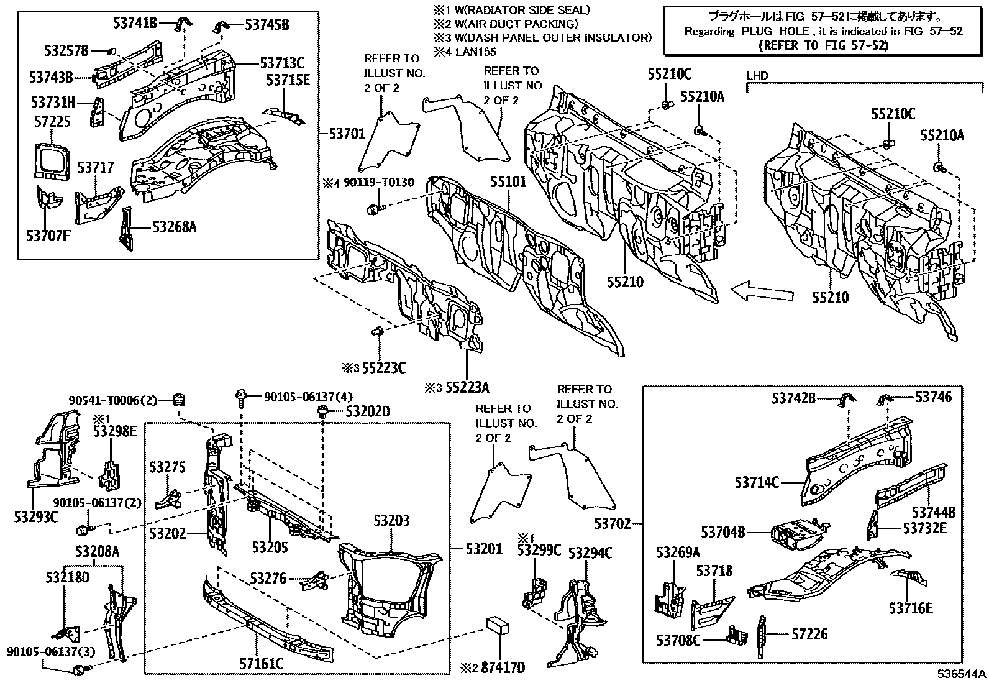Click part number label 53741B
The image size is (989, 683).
pyautogui.click(x=135, y=23)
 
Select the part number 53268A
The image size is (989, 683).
pyautogui.click(x=175, y=227)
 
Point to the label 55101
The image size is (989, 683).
pyautogui.click(x=508, y=182)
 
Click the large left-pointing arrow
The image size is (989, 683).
pyautogui.click(x=763, y=290)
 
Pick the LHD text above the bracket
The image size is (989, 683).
pyautogui.click(x=757, y=76)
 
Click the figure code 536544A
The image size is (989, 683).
pyautogui.click(x=962, y=674)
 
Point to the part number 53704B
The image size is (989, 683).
pyautogui.click(x=723, y=532)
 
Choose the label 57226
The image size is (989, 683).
pyautogui.click(x=809, y=635)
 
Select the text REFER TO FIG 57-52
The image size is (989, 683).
pyautogui.click(x=824, y=45)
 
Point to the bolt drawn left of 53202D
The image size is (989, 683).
pyautogui.click(x=322, y=411)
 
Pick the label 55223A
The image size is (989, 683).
pyautogui.click(x=465, y=388)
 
